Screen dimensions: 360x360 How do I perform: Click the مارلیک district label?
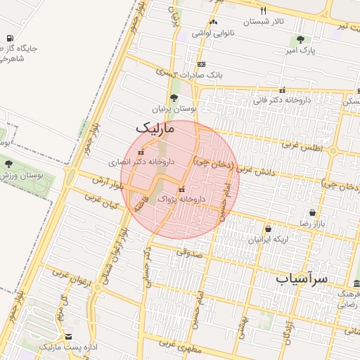[153, 129]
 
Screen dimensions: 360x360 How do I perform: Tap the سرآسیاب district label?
[302, 278]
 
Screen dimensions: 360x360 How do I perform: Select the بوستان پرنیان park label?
[173, 110]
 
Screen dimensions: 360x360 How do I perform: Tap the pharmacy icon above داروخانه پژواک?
[182, 189]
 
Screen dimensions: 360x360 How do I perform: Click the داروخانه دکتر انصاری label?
[141, 162]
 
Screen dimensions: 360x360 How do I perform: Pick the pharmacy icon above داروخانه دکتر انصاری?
[141, 152]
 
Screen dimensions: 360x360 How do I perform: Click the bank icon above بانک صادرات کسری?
[202, 63]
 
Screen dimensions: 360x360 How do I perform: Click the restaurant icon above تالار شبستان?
[264, 11]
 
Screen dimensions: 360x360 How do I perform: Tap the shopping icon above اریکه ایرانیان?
[268, 229]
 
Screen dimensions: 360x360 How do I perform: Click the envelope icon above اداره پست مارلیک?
[67, 337]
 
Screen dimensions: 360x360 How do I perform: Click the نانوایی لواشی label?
[212, 33]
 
